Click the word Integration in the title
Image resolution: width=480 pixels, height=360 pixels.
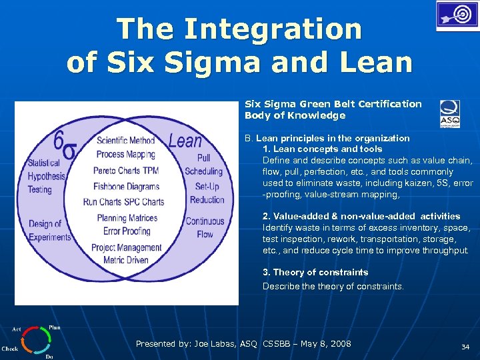coord(273,29)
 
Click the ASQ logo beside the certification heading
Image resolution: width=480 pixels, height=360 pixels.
coord(449,113)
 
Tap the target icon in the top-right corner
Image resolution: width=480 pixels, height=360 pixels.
coord(457,15)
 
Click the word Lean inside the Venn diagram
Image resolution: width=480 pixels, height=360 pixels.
coord(185,141)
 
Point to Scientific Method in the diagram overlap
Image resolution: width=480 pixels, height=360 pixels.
coord(125,141)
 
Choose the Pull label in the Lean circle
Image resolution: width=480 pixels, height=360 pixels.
coord(203,158)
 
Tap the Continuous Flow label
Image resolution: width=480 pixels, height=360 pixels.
coord(205,228)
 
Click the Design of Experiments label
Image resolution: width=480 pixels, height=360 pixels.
coord(49,231)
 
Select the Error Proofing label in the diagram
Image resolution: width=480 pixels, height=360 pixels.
coord(127,231)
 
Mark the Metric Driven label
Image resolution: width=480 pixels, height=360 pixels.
coord(126,260)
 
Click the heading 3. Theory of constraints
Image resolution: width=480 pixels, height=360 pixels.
coord(315,272)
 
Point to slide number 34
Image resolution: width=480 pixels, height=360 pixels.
coord(465,347)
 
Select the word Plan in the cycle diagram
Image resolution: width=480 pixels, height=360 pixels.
coord(54,328)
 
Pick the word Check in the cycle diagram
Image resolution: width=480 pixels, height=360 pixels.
coord(10,349)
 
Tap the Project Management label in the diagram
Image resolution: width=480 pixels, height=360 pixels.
coord(126,247)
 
